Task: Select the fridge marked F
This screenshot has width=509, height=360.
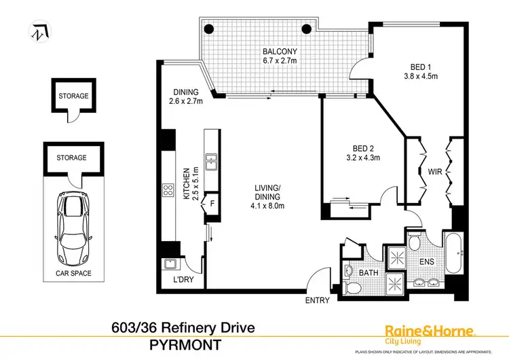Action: [212, 202]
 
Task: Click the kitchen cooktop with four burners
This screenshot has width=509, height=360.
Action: [167, 192]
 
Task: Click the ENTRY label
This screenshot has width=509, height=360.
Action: [318, 300]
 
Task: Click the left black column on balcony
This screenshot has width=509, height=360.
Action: [210, 29]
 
